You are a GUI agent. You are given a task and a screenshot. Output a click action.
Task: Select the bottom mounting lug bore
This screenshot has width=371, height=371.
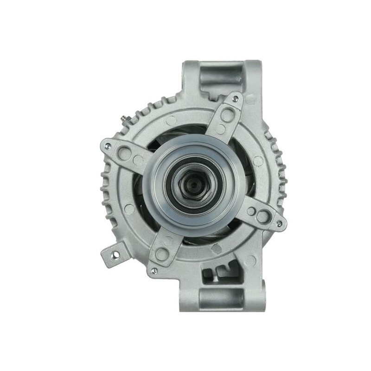(222, 296)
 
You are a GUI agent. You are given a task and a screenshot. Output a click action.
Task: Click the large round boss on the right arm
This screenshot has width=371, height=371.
(264, 216)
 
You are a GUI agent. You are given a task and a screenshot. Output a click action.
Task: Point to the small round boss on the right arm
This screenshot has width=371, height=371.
(251, 211)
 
